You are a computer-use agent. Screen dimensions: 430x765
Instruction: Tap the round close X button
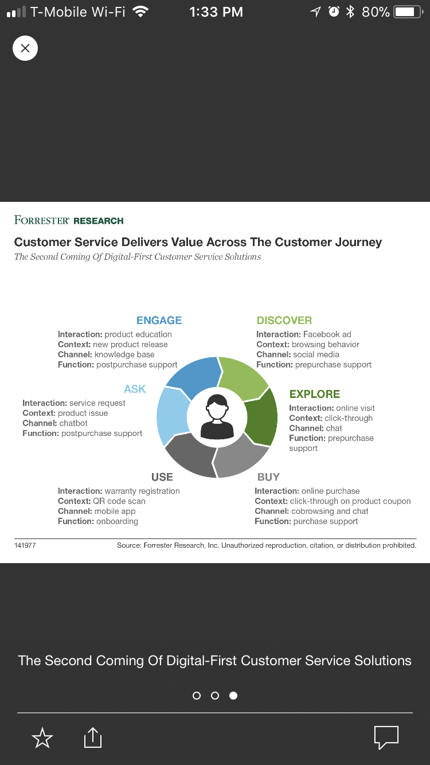pos(25,48)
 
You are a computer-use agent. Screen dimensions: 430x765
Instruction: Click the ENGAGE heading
pos(159,321)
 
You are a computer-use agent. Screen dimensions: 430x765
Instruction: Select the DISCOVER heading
pos(284,321)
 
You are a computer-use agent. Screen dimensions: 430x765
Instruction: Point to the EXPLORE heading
pos(315,394)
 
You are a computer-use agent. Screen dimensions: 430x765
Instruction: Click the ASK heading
pos(135,389)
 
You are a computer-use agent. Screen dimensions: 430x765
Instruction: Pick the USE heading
pos(162,477)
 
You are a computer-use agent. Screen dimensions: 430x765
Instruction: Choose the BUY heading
pos(269,477)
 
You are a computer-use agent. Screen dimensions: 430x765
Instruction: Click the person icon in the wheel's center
pos(217,417)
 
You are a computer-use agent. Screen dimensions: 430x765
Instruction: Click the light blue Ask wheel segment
pos(173,416)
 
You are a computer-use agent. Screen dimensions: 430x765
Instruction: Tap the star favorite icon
pos(42,738)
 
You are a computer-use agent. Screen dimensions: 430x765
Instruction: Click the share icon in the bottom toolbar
pos(93,737)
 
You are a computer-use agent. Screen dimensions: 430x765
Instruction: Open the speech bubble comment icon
pos(386,737)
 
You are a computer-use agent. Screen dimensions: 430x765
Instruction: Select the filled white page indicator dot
pos(233,696)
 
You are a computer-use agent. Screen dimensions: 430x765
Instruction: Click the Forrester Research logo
pos(69,220)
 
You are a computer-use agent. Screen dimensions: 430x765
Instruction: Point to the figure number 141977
pos(25,545)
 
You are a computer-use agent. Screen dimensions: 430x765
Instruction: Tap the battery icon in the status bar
pos(408,12)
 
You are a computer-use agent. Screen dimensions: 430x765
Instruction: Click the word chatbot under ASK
pos(73,423)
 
